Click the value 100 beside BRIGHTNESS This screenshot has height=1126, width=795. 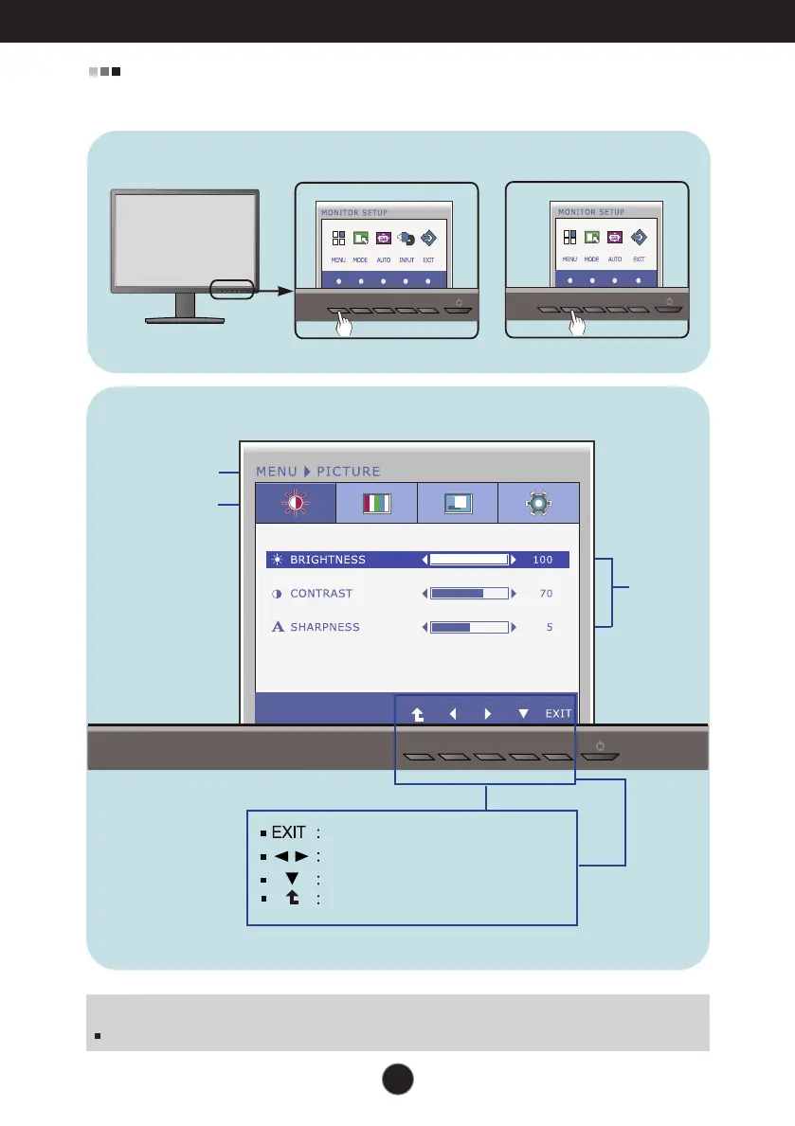coord(542,560)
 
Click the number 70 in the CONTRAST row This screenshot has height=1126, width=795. coord(545,594)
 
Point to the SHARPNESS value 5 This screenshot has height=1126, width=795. coord(550,627)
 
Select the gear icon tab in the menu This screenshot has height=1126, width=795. coord(538,503)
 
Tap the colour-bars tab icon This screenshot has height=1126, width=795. coord(376,503)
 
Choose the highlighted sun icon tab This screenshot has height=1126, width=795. coord(295,503)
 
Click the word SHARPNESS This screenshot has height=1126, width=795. coord(325,627)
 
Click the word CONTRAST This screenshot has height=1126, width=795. coord(321,594)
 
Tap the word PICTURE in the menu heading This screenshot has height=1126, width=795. coord(349,471)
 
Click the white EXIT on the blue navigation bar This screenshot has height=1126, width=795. coord(558,713)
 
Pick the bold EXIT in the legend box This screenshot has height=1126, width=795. coord(289,833)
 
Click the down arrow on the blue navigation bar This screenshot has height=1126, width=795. coord(523,713)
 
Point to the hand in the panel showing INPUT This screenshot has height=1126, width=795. coord(345,326)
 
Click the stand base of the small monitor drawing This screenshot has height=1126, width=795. coord(186,320)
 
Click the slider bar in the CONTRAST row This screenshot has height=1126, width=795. coord(469,594)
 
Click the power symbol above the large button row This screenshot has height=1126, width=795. coord(601,745)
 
